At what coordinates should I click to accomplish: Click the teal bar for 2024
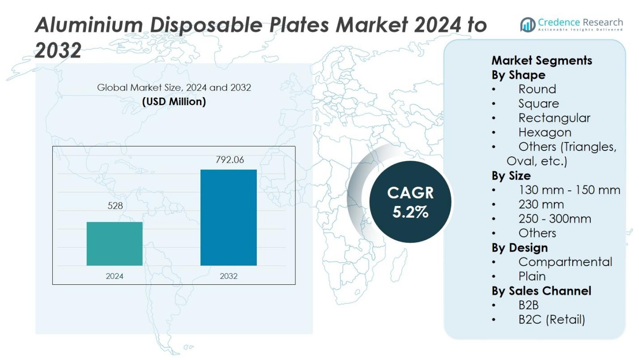pos(115,244)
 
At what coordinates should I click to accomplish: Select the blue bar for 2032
pos(228,217)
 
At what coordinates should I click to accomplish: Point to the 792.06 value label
pos(230,160)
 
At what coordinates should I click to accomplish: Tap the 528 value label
pos(115,206)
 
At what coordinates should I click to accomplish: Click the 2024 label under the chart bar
pos(115,276)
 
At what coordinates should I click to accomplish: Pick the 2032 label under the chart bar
pos(229,276)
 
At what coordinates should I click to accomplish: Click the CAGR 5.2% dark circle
pos(410,202)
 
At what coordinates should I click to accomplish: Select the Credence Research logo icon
pos(528,25)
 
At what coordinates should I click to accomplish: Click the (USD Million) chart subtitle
pos(174,102)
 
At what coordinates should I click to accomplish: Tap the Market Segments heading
pos(541,60)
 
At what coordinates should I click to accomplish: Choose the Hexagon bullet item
pos(545,133)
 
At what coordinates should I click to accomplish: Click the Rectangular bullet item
pos(554,118)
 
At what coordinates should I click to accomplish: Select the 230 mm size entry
pos(541,205)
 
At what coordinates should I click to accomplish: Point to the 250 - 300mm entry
pos(554,219)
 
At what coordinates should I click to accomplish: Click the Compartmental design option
pos(565,262)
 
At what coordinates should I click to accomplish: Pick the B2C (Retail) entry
pos(551,320)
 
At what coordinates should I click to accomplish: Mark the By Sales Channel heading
pos(541,291)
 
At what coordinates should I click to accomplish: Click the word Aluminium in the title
pos(89,25)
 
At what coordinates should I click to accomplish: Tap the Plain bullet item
pos(532,276)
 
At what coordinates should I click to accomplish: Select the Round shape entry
pos(537,89)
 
